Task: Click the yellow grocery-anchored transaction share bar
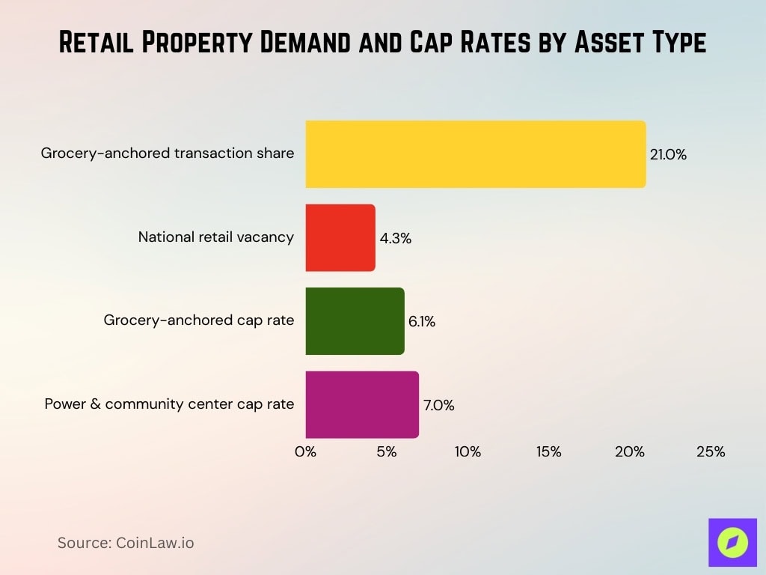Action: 475,154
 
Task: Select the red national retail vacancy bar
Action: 340,238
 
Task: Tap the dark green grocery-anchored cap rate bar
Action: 355,321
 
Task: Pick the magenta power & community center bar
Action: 362,404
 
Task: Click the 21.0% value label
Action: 668,155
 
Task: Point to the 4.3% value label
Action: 396,239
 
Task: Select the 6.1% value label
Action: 422,322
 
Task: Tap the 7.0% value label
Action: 438,405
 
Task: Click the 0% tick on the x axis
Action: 306,451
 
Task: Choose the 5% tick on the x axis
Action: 387,451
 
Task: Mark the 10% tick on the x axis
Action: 468,451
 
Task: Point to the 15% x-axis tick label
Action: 548,451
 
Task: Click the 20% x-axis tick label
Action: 630,451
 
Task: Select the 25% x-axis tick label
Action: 711,451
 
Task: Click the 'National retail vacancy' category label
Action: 216,237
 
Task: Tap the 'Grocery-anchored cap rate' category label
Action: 199,320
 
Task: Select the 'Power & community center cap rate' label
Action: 169,404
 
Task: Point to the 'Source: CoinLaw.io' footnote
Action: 126,543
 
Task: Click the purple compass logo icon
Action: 732,542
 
